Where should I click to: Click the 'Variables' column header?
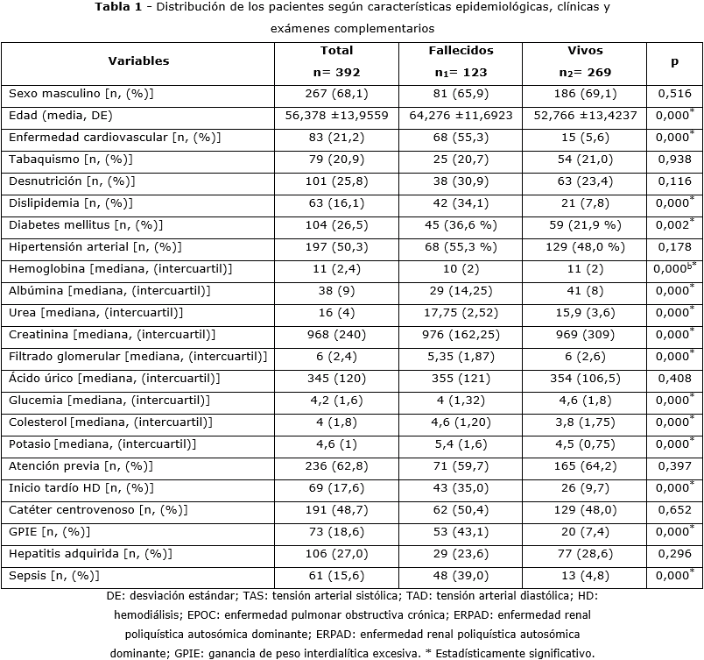tap(138, 61)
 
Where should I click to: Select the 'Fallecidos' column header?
tap(461, 51)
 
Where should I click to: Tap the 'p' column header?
tap(674, 61)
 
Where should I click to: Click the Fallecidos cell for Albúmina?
tap(461, 290)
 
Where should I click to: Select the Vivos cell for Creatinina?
tap(585, 334)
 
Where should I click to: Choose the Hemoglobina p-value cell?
tap(674, 268)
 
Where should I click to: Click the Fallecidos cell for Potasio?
tap(461, 444)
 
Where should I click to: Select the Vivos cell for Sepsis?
tap(585, 575)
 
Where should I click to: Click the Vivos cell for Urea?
tap(585, 312)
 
